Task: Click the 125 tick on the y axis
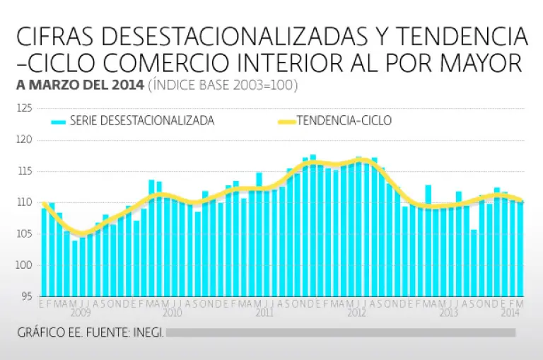pos(25,108)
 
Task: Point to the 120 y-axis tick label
pos(25,140)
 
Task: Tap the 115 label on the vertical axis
pos(25,171)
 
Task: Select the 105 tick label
pos(25,233)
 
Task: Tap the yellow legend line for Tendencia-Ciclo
pos(285,122)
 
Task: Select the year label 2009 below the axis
pos(80,312)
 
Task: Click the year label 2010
pos(172,312)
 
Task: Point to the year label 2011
pos(264,312)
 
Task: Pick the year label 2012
pos(356,312)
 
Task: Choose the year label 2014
pos(510,312)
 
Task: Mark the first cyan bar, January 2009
pos(44,252)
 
